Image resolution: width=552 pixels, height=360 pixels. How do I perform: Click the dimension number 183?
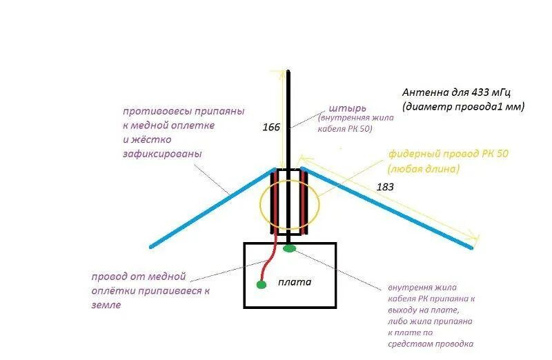pyautogui.click(x=386, y=187)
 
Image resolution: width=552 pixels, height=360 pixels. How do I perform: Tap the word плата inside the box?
pyautogui.click(x=295, y=281)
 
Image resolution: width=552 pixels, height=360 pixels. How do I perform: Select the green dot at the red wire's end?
pyautogui.click(x=261, y=283)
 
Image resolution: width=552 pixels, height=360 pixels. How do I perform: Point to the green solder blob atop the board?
pyautogui.click(x=290, y=247)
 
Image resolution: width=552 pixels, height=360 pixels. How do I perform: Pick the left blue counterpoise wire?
pyautogui.click(x=207, y=208)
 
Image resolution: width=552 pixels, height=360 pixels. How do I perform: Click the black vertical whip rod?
pyautogui.click(x=290, y=117)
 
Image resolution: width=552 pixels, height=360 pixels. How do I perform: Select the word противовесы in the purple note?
pyautogui.click(x=154, y=110)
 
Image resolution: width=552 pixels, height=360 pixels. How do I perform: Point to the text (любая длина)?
pyautogui.click(x=423, y=168)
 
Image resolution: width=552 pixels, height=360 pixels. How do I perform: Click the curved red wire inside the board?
pyautogui.click(x=270, y=259)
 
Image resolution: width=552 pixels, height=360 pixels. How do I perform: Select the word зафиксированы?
pyautogui.click(x=162, y=154)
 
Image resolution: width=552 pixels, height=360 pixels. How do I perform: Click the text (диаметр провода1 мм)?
pyautogui.click(x=463, y=106)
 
